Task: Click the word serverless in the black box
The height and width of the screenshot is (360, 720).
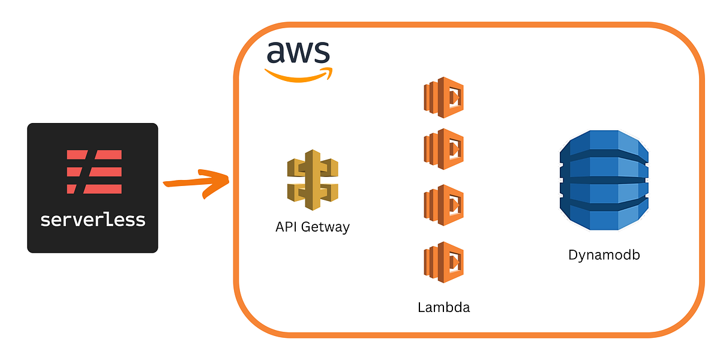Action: (93, 219)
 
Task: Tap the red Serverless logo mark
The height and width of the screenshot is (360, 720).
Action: (94, 172)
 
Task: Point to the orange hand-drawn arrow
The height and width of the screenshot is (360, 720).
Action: (195, 182)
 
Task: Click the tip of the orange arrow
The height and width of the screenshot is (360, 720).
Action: (228, 180)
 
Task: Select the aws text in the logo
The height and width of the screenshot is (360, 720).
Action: (298, 53)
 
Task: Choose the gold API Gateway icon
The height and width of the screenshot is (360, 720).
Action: (312, 180)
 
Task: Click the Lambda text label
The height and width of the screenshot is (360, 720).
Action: (444, 308)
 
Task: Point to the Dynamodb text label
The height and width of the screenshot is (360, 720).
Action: (604, 255)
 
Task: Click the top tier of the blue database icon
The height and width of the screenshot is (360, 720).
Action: (604, 144)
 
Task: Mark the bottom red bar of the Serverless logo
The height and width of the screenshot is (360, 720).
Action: (94, 189)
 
